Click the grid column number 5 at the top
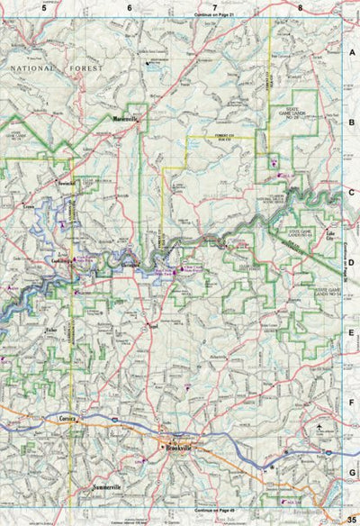click(x=41, y=7)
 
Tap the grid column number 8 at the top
click(x=300, y=7)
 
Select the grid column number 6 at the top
click(x=129, y=7)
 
